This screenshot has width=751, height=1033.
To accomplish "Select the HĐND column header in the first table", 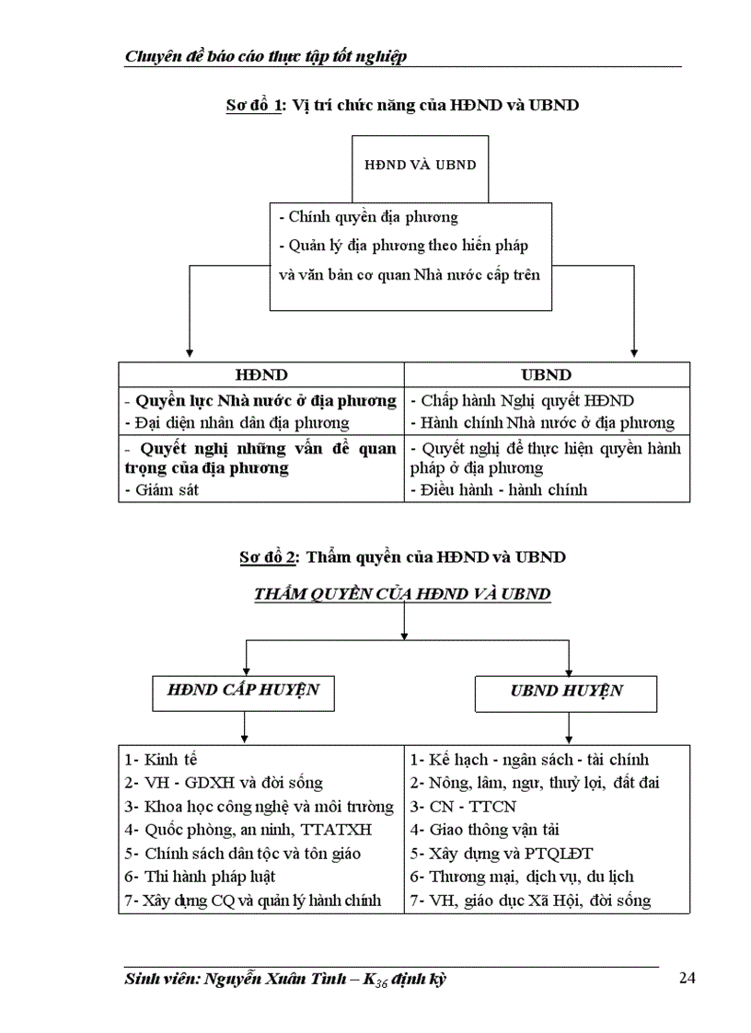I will [x=261, y=375].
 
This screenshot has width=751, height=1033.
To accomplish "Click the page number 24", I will [x=687, y=978].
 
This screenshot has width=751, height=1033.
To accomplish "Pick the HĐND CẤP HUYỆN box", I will [x=243, y=690].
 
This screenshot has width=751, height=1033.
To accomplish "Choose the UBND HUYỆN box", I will [x=567, y=691].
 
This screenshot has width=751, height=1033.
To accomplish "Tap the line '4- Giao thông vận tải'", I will [x=485, y=830].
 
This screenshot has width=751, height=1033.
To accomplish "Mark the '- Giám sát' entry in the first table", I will [x=161, y=490].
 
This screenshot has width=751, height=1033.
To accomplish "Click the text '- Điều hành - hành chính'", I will [x=499, y=490].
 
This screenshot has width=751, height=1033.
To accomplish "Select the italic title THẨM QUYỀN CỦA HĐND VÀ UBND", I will [x=402, y=594].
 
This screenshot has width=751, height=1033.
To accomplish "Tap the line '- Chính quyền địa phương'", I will [x=368, y=218].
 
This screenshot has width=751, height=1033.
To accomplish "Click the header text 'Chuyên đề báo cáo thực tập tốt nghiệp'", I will [x=265, y=57].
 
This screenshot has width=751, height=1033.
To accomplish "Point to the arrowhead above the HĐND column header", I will [x=190, y=353].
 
